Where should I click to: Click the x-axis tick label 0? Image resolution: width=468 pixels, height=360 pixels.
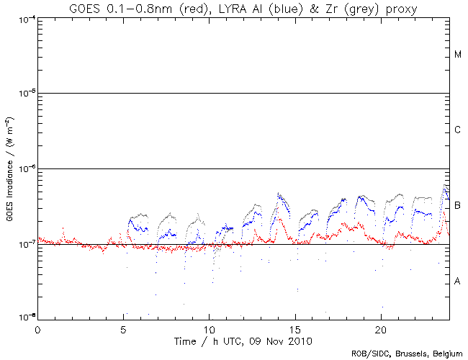tap(37, 327)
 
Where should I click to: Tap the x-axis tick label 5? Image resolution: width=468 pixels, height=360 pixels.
tap(123, 327)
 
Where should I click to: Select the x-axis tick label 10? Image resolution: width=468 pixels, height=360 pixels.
tap(209, 327)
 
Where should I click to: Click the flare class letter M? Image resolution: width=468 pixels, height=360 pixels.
tap(458, 55)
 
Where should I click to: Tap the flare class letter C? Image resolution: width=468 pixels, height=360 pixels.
tap(458, 130)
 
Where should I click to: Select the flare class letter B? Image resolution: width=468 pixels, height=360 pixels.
tap(458, 206)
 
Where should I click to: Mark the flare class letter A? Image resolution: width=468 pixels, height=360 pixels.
tap(458, 281)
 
